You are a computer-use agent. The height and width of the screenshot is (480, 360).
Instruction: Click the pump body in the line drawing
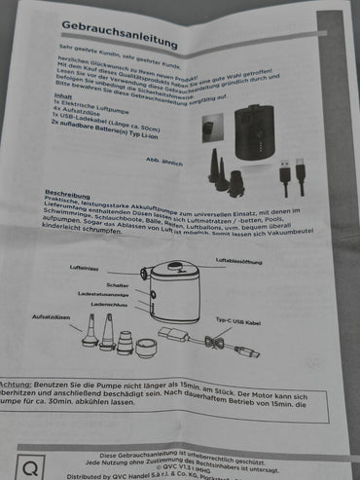[x=174, y=297]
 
